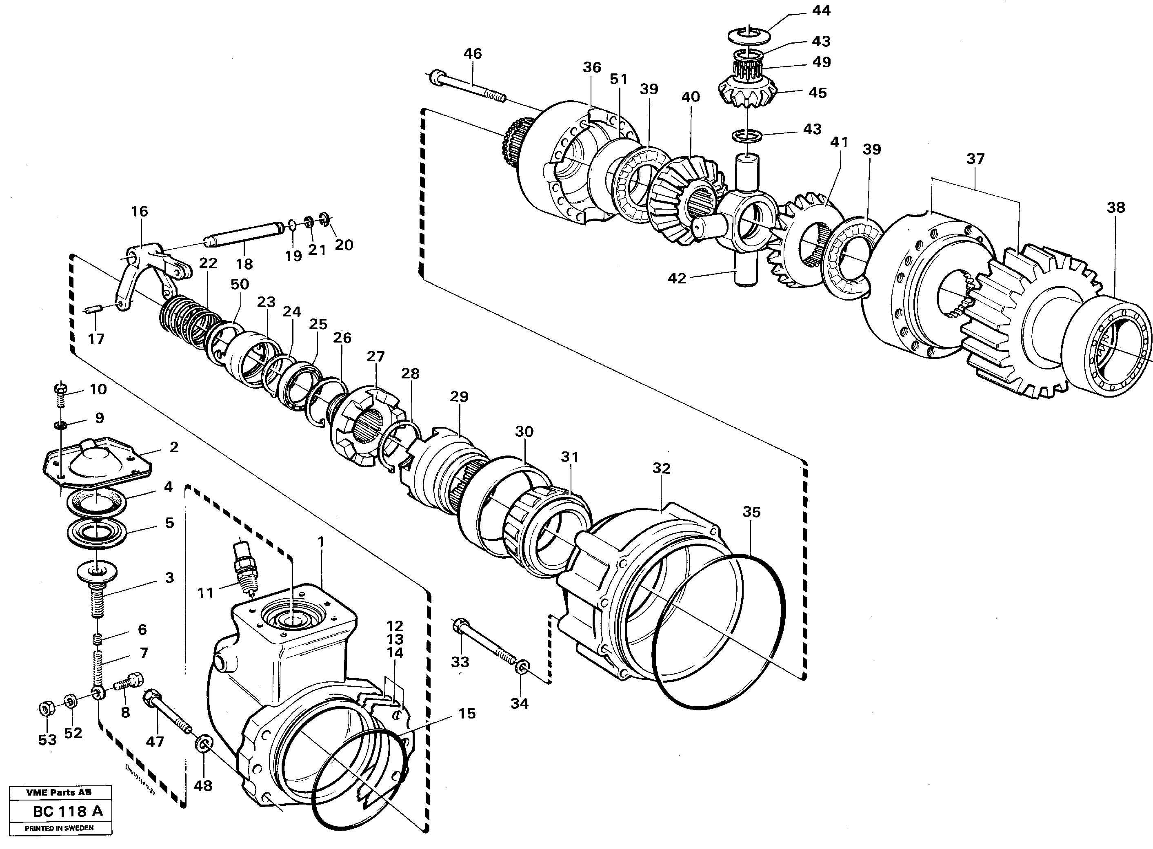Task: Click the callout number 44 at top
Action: point(821,11)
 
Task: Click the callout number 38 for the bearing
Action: point(1116,208)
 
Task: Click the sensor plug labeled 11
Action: point(242,565)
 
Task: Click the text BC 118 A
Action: point(67,811)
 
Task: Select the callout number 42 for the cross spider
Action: point(677,279)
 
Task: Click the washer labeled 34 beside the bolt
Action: point(520,668)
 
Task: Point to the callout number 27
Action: point(375,356)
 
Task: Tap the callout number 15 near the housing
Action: point(467,713)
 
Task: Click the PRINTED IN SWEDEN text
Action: point(60,829)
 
